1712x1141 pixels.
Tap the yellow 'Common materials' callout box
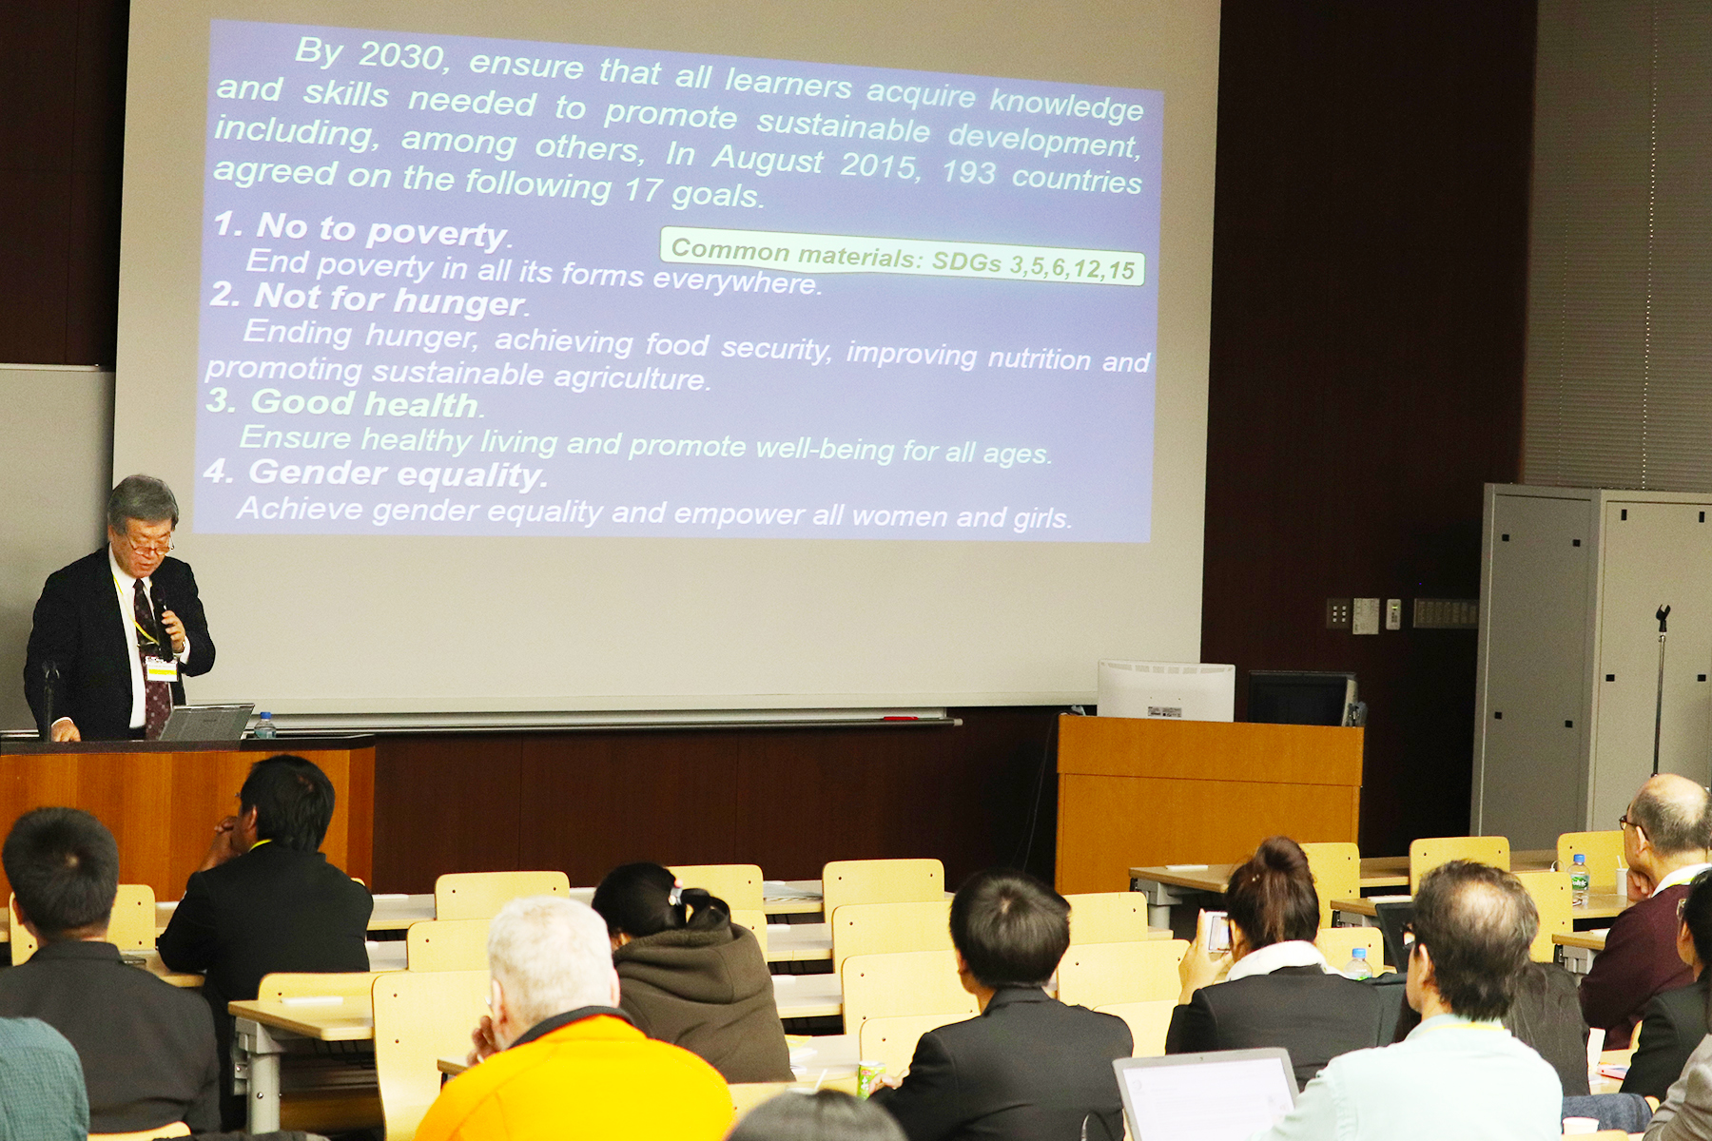[x=902, y=256]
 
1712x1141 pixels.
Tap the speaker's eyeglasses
[x=149, y=547]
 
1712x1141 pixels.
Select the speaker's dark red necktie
[x=152, y=656]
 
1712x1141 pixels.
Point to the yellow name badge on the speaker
[x=162, y=668]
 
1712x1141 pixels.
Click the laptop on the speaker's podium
[x=205, y=723]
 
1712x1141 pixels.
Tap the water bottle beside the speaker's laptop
[x=264, y=725]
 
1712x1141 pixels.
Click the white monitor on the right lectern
[x=1166, y=691]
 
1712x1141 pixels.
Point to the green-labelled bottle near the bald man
[x=1579, y=880]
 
